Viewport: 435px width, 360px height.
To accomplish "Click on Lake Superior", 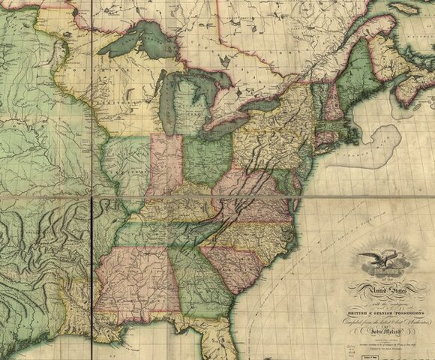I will [x=142, y=42].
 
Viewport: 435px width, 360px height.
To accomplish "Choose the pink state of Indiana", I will [x=166, y=165].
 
